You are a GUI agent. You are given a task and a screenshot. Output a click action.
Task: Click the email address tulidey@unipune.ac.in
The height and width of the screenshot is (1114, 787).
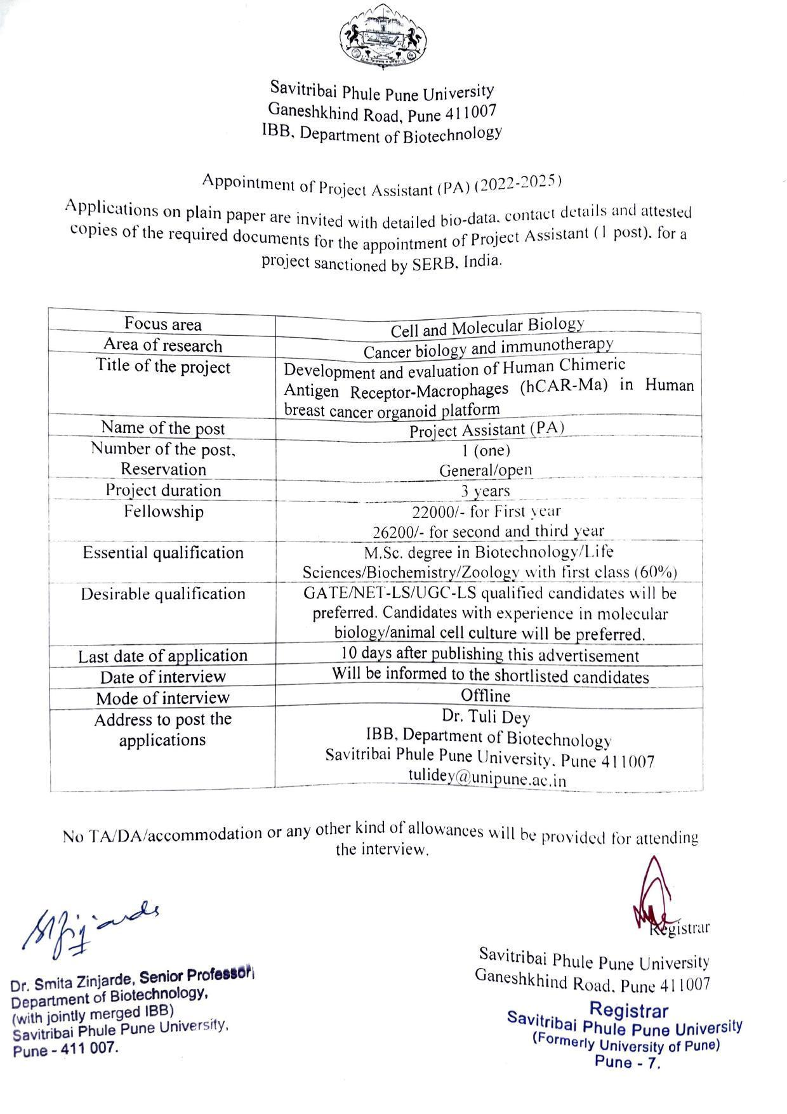487,779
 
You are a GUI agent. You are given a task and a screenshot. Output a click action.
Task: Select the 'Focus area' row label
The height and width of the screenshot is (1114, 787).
162,324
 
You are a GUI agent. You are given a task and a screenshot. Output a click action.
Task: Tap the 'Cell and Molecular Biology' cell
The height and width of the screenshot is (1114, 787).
487,328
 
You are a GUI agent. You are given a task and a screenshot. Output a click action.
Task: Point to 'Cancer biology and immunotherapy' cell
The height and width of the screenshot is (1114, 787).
488,348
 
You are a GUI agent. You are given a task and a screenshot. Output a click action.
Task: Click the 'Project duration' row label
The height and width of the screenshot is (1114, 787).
163,491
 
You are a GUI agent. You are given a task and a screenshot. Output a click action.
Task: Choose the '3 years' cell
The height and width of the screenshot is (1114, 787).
485,491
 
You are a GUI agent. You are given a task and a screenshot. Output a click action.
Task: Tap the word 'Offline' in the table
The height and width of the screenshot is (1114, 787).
486,696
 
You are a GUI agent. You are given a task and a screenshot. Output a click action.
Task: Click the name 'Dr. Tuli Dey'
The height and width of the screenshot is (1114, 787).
486,717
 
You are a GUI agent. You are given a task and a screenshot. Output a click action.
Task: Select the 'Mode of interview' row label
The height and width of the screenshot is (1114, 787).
162,698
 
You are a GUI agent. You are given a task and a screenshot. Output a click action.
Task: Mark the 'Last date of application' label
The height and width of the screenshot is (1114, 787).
162,656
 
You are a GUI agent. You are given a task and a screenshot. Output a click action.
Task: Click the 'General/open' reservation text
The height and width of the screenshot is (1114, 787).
486,470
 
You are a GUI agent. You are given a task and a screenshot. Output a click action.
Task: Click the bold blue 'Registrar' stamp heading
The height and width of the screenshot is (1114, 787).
628,1009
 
